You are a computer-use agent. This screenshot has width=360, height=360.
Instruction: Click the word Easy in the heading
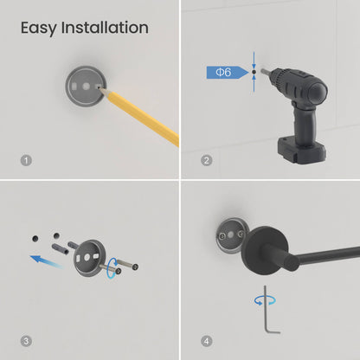[39, 29]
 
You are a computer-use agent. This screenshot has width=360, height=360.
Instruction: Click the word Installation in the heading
[105, 28]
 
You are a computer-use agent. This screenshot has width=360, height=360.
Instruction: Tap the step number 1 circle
[26, 160]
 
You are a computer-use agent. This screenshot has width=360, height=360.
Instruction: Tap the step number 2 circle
[206, 160]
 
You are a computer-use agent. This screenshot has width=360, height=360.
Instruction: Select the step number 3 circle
[26, 341]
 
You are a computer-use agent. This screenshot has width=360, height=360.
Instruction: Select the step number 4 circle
[206, 341]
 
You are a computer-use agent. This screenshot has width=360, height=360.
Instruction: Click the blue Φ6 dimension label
[228, 72]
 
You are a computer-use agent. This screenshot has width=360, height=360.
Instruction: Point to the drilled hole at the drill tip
[254, 72]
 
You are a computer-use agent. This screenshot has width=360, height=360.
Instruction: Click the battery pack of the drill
[301, 151]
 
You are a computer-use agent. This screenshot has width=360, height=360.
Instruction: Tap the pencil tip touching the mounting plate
[101, 89]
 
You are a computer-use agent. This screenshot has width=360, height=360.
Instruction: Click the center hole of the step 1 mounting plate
[86, 87]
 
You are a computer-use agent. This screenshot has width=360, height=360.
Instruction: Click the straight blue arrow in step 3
[46, 261]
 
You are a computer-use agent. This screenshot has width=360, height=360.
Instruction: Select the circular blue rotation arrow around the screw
[112, 268]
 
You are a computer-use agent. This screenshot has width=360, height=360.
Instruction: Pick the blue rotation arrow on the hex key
[265, 300]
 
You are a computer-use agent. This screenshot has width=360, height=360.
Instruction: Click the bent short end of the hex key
[273, 331]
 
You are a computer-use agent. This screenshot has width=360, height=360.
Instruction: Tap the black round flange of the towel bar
[264, 250]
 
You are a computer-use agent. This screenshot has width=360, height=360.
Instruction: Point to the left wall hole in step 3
[35, 239]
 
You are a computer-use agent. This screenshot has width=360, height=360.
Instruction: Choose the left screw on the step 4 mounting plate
[222, 236]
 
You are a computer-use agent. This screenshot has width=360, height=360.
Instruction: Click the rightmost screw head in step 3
[135, 267]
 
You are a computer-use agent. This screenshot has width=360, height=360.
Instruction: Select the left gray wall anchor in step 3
[60, 248]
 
